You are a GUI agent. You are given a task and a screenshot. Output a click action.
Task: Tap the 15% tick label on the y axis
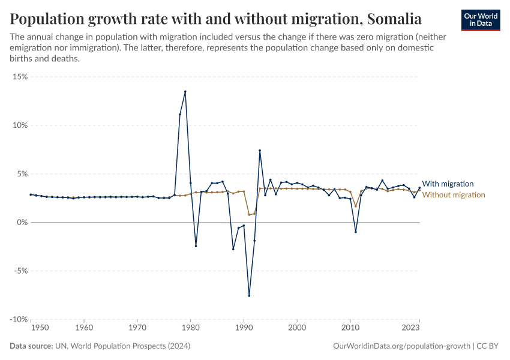click(x=20, y=77)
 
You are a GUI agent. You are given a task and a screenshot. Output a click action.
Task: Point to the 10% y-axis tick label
click(x=20, y=125)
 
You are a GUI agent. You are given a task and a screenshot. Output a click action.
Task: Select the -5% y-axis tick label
click(x=20, y=271)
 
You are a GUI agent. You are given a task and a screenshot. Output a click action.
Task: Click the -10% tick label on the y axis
click(x=19, y=319)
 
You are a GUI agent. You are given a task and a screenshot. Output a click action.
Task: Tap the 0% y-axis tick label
click(x=22, y=222)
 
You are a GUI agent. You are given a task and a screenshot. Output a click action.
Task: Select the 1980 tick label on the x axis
click(x=190, y=328)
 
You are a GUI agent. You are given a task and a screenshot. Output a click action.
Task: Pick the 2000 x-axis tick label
click(x=296, y=328)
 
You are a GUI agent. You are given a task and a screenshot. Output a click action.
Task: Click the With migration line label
click(x=448, y=184)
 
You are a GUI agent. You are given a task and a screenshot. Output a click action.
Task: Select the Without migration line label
click(x=454, y=194)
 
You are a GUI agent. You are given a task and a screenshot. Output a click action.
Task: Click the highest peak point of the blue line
click(x=185, y=92)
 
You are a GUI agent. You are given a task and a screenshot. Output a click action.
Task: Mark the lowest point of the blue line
click(x=249, y=295)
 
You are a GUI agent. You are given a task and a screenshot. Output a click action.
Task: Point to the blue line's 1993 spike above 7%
click(x=260, y=151)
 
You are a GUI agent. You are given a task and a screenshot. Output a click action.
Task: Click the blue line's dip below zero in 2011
click(x=355, y=232)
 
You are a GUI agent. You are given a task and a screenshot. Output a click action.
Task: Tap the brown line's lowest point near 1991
click(x=249, y=215)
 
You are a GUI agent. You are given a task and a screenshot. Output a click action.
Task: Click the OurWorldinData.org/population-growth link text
click(x=401, y=346)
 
